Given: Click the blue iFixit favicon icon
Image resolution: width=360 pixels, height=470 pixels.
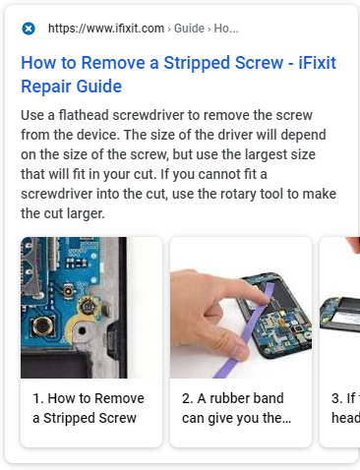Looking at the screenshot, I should coord(29,29).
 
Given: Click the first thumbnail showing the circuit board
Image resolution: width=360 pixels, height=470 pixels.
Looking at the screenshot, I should coord(90,307).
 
